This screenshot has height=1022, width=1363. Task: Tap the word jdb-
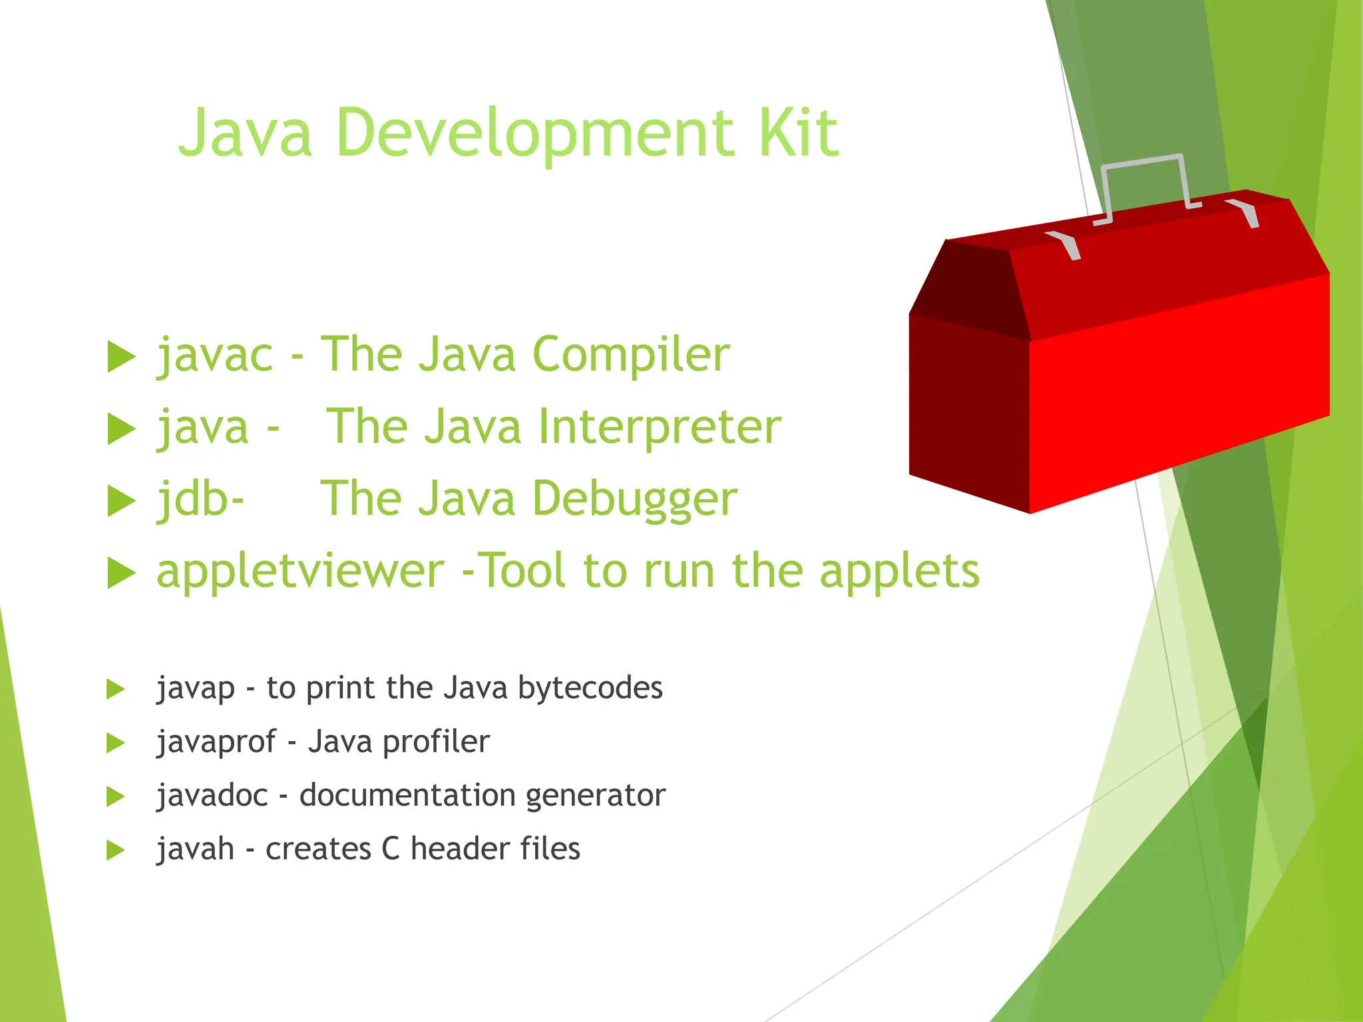pyautogui.click(x=200, y=499)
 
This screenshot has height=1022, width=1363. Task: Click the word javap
pyautogui.click(x=196, y=689)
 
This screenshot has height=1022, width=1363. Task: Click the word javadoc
pyautogui.click(x=212, y=795)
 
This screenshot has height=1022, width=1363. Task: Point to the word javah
pyautogui.click(x=195, y=849)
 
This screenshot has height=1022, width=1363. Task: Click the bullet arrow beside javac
pyautogui.click(x=121, y=357)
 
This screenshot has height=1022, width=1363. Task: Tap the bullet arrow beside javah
pyautogui.click(x=115, y=850)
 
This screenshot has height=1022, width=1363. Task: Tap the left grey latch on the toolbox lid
pyautogui.click(x=1065, y=244)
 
